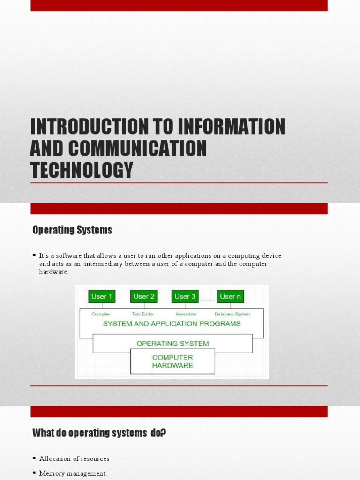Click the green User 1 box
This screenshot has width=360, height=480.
pos(102,296)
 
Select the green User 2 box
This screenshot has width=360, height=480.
pos(144,296)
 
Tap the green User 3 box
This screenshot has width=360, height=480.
pos(185,296)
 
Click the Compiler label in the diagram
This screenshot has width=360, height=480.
pos(101,314)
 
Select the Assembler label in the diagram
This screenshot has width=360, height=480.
pos(186,314)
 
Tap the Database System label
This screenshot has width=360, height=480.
pos(232,314)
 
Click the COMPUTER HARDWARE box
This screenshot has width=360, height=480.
pos(172,361)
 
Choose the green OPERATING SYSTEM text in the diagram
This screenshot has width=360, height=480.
pos(172,343)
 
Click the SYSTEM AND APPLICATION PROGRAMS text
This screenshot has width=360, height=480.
pos(172,323)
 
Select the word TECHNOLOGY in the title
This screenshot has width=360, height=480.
pos(82,169)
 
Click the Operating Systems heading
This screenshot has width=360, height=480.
pos(72,230)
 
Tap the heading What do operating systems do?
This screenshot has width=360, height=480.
pos(99,433)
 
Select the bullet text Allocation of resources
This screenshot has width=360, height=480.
pos(74,458)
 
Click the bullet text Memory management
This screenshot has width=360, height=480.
pos(73,473)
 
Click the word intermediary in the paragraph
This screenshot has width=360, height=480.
pos(103,264)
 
